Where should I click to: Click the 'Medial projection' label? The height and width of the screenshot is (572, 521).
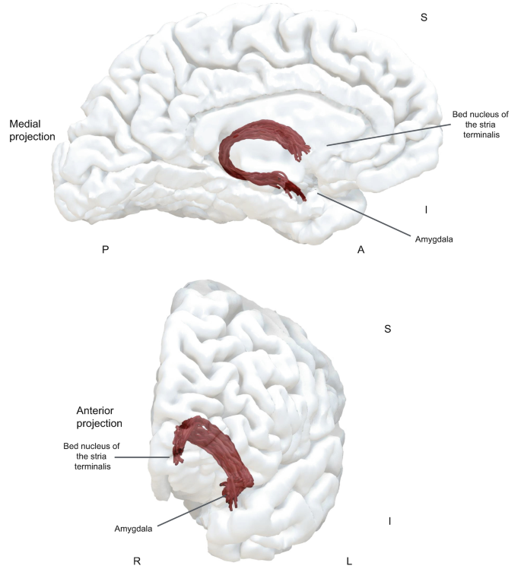coord(33,130)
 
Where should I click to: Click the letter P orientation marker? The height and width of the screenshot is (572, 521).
coord(105,249)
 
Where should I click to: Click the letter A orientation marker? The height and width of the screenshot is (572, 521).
coord(361,249)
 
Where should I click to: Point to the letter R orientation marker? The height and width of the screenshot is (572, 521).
coord(137,561)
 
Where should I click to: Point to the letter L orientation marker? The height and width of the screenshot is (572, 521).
coord(349,561)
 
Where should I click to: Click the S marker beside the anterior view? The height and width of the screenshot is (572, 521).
coord(388,329)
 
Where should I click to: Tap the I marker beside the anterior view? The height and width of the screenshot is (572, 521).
coord(389,521)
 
